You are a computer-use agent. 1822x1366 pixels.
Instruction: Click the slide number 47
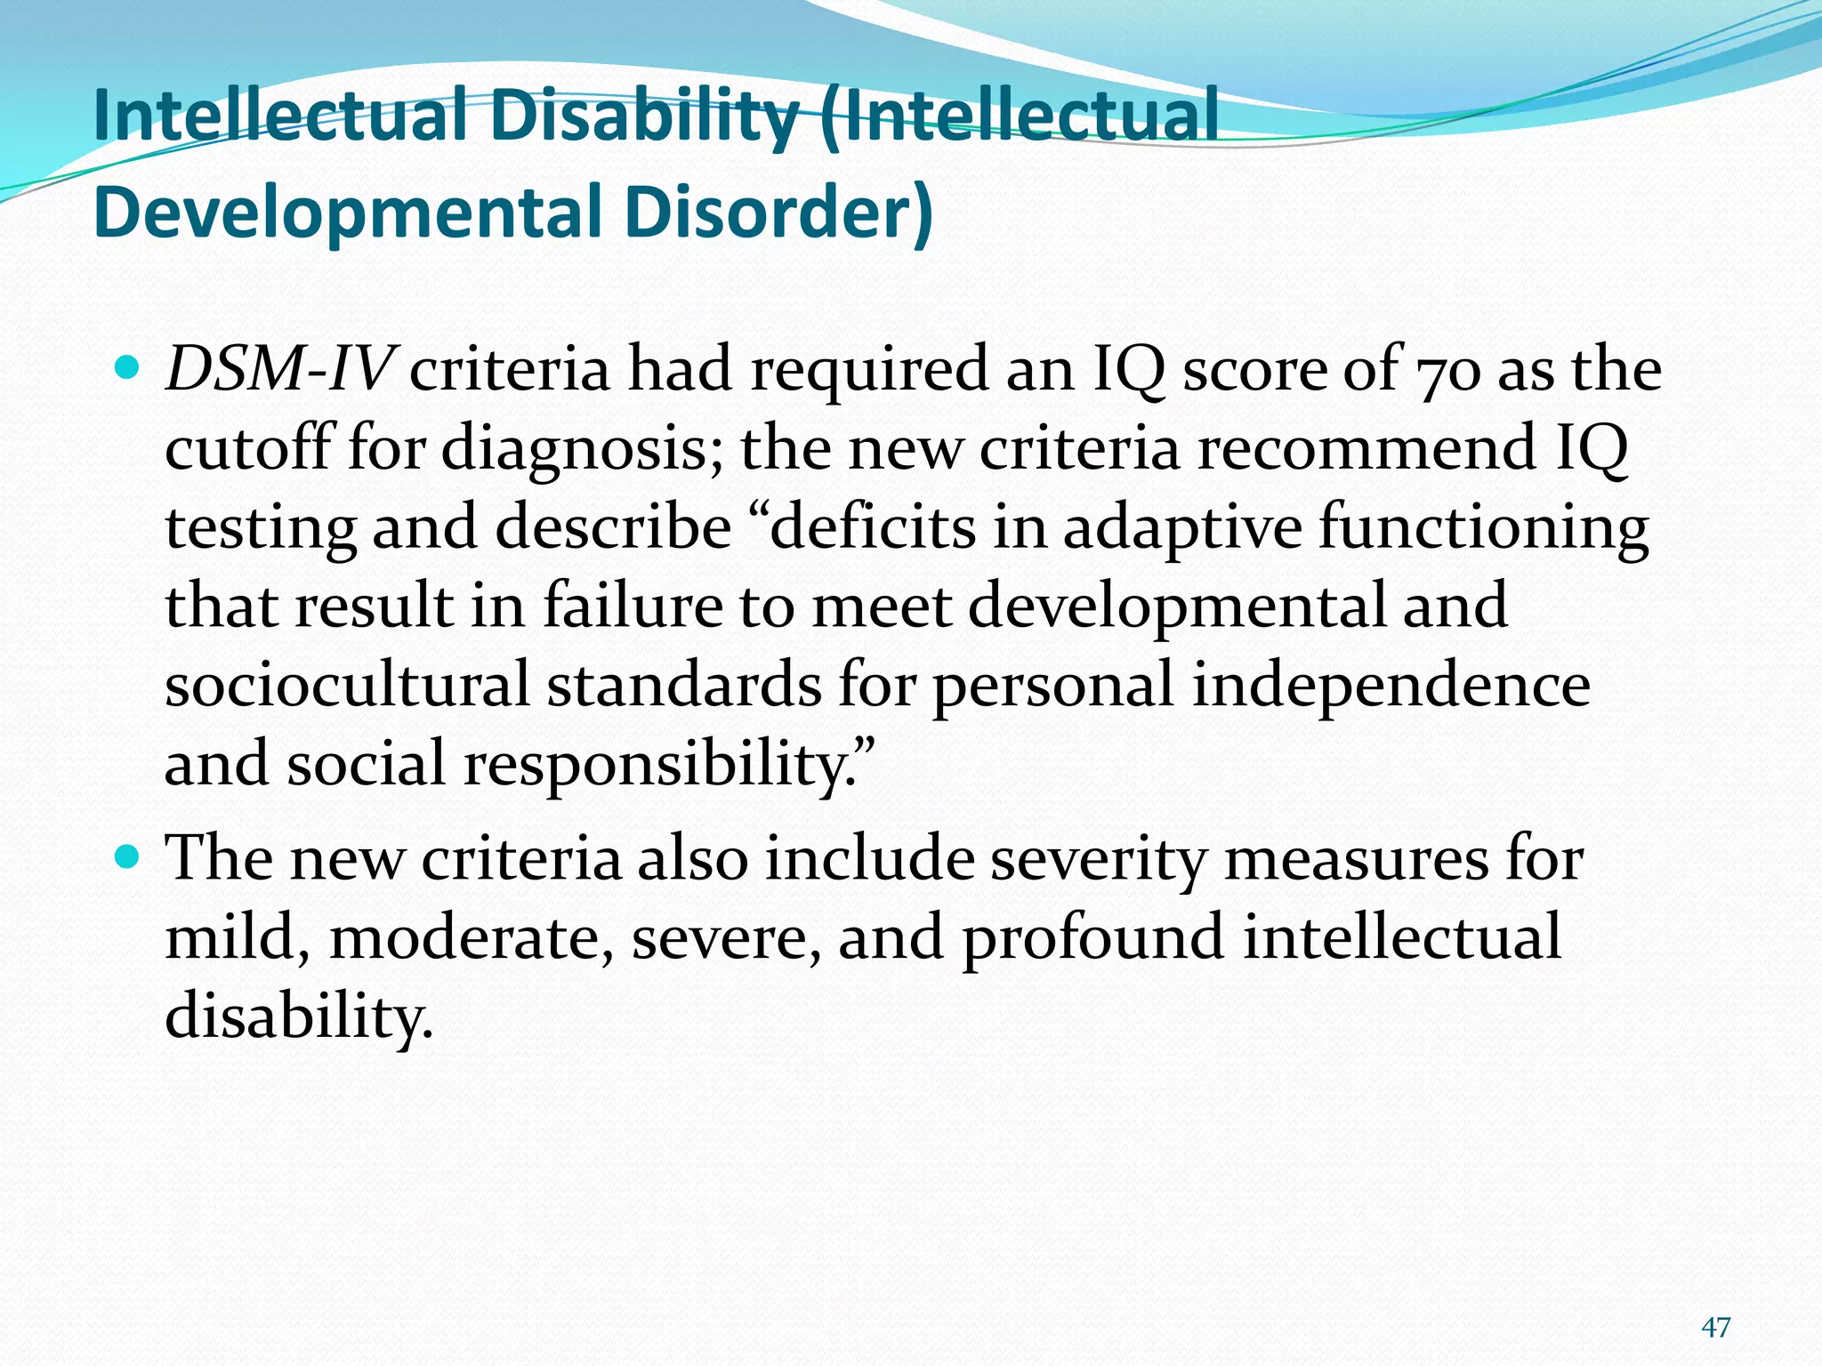pos(1715,1328)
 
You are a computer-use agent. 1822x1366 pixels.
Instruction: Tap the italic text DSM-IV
pos(278,368)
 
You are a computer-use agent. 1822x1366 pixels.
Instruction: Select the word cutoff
pos(247,446)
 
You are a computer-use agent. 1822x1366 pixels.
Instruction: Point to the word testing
pos(260,528)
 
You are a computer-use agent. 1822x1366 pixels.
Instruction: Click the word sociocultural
pos(347,685)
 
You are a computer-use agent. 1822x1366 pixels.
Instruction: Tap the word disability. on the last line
pos(299,1016)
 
